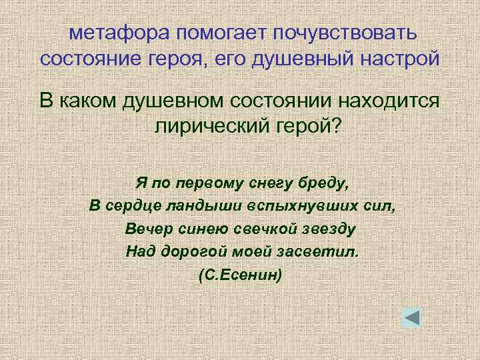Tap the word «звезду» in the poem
point(327,229)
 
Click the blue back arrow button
point(411,318)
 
